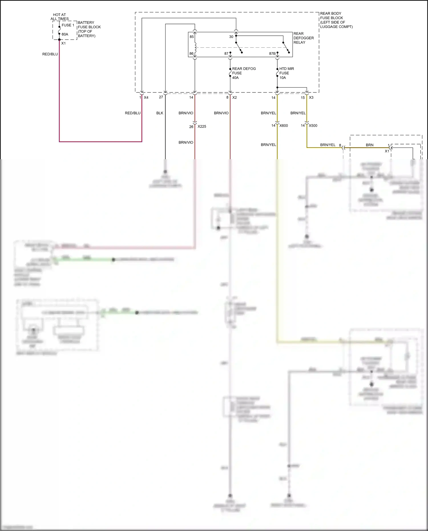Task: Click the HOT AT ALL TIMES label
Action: tap(59, 17)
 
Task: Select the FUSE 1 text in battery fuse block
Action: tap(68, 25)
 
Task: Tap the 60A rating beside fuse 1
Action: tap(65, 34)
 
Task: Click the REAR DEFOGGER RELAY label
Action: tap(303, 38)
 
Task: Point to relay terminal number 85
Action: tap(192, 37)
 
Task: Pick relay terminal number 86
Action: tap(191, 53)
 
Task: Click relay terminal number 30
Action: tap(231, 37)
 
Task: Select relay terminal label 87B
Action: tap(272, 53)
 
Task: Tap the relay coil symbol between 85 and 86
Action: tap(195, 46)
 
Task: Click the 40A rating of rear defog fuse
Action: tap(235, 78)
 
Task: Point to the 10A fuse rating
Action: tap(282, 78)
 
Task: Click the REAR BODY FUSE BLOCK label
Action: tap(336, 20)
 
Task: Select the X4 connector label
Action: tap(146, 98)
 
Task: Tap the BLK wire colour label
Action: tap(160, 113)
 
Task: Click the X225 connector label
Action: tap(202, 126)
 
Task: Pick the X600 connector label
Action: tap(284, 126)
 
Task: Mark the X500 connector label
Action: tap(313, 126)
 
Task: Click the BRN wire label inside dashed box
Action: tap(370, 145)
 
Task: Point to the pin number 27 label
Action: tap(161, 97)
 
